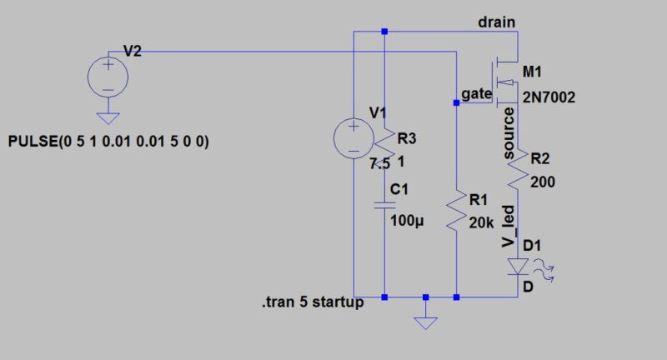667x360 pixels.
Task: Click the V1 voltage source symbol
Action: [353, 137]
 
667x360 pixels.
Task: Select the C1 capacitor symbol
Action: [384, 202]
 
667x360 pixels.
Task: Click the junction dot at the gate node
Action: [456, 103]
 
